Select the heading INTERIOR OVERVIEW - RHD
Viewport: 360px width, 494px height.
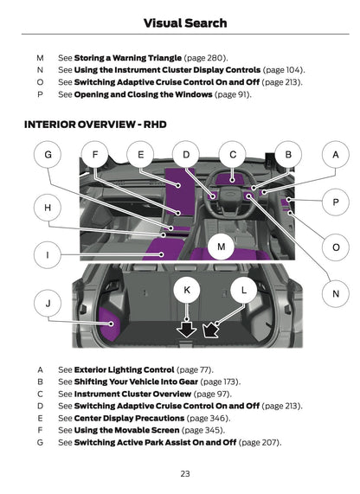(95, 125)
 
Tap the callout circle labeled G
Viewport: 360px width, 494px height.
(48, 155)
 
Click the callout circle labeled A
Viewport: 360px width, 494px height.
(335, 155)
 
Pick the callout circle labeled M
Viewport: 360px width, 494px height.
(221, 247)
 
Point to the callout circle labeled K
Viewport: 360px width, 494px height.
(187, 292)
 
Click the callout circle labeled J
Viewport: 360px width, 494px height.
(48, 303)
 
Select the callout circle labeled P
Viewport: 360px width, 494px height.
(335, 202)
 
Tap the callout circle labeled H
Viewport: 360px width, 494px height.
(48, 208)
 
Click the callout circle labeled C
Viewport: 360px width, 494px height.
(233, 155)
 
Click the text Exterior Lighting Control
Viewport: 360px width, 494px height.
(124, 369)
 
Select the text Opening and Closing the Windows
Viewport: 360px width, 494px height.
(142, 94)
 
